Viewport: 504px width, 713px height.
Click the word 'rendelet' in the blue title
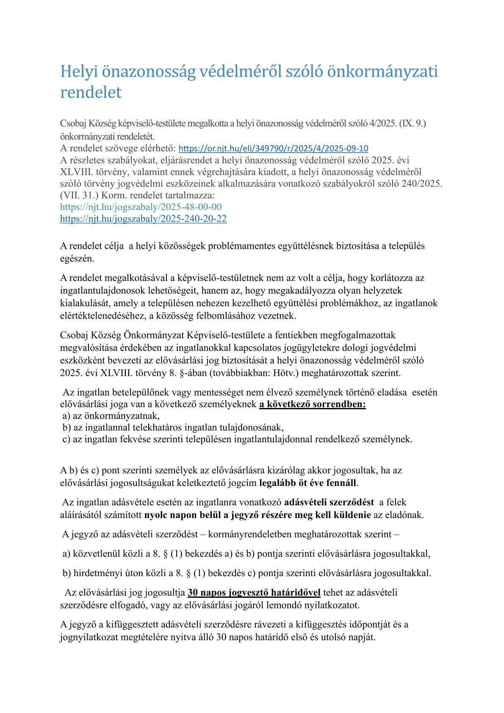(x=91, y=92)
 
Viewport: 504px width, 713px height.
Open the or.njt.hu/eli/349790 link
(x=273, y=149)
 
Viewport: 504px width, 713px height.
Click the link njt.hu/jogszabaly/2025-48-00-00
(x=141, y=207)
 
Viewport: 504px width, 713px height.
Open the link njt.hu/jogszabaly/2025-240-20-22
(x=143, y=219)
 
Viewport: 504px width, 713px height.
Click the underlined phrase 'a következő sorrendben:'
(x=312, y=404)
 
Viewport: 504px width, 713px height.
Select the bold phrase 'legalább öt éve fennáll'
(x=307, y=483)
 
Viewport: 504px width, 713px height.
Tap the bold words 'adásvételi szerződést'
(x=329, y=502)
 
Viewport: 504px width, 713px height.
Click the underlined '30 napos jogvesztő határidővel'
(x=254, y=592)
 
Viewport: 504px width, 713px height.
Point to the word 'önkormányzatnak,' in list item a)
(x=116, y=416)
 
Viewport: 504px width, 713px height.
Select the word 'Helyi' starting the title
(x=78, y=71)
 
